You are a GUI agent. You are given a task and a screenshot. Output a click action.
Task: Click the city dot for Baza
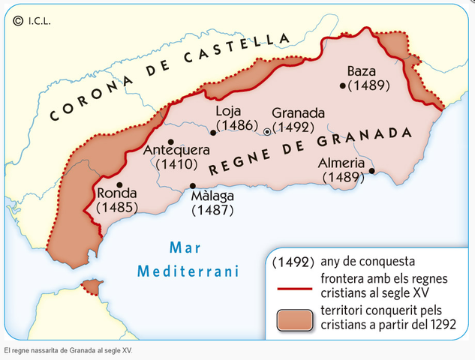[343, 85]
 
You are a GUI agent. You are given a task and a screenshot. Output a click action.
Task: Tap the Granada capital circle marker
[266, 132]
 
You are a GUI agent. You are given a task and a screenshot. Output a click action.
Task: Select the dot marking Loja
[213, 132]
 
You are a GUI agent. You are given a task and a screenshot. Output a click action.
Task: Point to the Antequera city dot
[171, 142]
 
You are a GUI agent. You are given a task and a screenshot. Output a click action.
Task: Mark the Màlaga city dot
[193, 186]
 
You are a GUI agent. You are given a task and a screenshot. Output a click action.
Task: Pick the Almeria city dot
[371, 171]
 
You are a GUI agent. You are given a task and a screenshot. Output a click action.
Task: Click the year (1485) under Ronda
[118, 206]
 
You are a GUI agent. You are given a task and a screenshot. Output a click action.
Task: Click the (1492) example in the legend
[291, 263]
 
